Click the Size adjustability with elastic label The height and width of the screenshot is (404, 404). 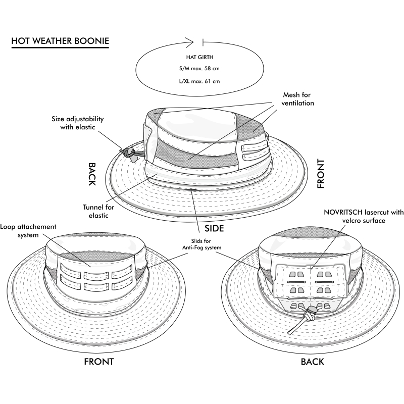[x=78, y=123]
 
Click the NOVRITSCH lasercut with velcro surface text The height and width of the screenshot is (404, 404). [x=357, y=217]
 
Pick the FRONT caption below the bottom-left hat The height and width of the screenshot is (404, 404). [x=98, y=362]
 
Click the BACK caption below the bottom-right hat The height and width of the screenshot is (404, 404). [x=312, y=362]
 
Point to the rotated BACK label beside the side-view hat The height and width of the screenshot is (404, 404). [x=92, y=174]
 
